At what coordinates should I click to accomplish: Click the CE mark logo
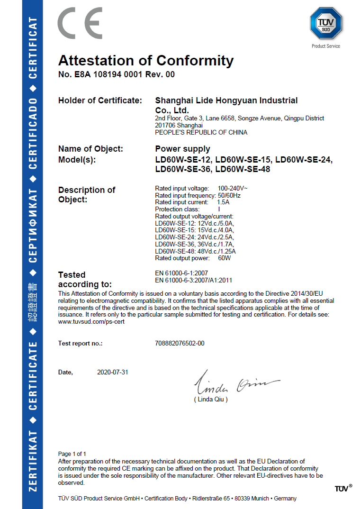tap(80, 23)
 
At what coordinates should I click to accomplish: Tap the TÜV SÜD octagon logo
tap(326, 24)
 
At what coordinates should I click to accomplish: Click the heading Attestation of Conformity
tap(145, 61)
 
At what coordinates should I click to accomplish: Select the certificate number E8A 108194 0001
tap(108, 74)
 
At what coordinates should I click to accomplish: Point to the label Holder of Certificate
tap(99, 100)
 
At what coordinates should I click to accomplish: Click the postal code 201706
tap(166, 126)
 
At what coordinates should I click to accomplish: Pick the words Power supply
tap(182, 149)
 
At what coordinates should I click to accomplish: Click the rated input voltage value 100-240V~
tap(233, 189)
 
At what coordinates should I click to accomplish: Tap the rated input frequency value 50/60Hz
tap(229, 195)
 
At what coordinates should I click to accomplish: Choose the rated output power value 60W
tap(224, 258)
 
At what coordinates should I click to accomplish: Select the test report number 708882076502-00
tap(180, 343)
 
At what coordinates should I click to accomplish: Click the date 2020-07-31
tap(112, 372)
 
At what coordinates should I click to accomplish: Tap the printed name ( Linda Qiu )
tap(211, 400)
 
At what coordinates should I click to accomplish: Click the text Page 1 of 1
tap(72, 454)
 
